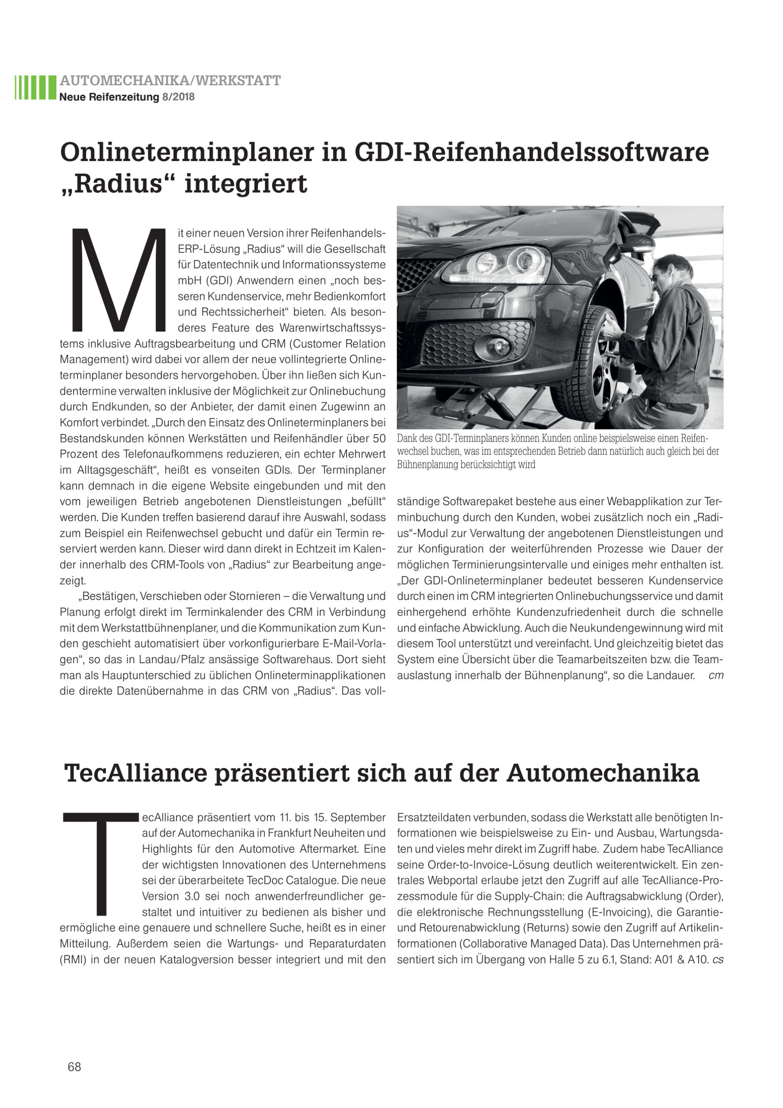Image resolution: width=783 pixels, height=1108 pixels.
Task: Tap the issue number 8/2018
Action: [179, 97]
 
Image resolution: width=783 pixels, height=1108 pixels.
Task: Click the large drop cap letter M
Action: [118, 280]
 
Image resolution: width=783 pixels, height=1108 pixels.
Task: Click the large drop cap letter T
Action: [101, 863]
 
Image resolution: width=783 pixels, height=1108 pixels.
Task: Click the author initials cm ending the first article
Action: [716, 676]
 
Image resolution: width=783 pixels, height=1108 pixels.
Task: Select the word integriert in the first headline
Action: [246, 184]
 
